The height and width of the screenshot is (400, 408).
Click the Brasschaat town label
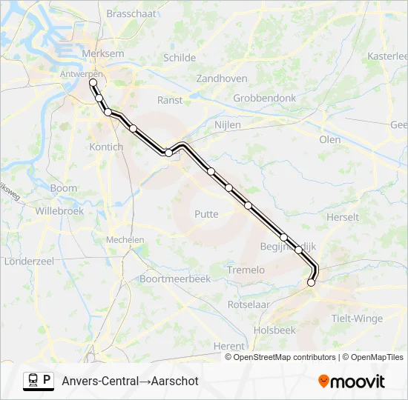click(130, 13)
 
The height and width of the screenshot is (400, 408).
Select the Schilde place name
click(180, 58)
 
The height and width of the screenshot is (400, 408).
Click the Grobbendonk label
click(265, 98)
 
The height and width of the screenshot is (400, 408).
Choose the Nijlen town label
click(227, 125)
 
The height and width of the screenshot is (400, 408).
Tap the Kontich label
click(106, 147)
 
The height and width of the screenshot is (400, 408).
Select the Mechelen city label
click(125, 240)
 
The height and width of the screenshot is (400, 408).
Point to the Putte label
click(206, 214)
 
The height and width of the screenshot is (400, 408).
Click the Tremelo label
click(246, 270)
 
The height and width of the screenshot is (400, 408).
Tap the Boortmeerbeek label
click(176, 279)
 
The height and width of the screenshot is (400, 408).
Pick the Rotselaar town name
click(248, 304)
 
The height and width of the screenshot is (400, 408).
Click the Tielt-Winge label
click(358, 319)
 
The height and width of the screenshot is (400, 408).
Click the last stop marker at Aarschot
click(311, 282)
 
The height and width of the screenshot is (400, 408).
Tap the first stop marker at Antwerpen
click(93, 83)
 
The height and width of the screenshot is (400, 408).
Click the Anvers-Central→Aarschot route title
click(130, 381)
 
